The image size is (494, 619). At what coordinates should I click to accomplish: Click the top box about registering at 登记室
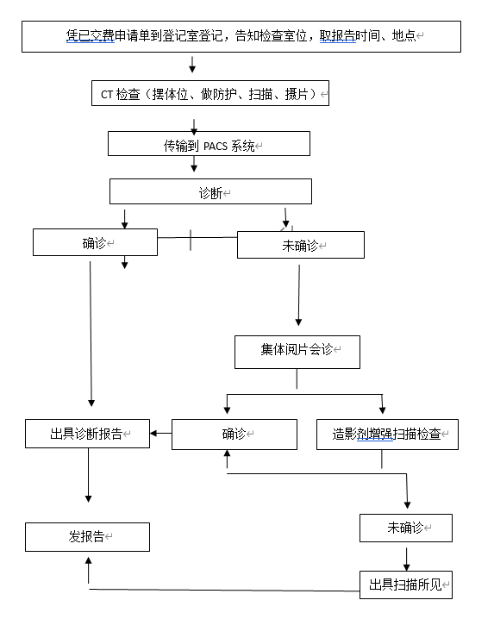(x=241, y=37)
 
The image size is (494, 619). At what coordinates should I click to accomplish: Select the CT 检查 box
(x=210, y=93)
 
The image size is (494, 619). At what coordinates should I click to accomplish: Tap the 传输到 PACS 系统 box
(x=209, y=144)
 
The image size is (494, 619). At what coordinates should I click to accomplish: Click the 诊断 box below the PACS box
(x=210, y=191)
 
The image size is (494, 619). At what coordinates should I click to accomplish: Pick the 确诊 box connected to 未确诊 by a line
(x=95, y=242)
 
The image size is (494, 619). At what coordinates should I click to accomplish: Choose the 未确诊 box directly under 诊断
(x=301, y=245)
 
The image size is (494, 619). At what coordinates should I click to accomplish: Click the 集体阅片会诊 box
(x=297, y=352)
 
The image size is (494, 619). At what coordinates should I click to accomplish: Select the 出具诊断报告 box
(x=87, y=434)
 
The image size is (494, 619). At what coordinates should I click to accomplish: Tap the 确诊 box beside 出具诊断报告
(x=234, y=435)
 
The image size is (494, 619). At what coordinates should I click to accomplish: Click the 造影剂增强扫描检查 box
(x=387, y=435)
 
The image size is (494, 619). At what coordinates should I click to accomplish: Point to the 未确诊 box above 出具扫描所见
(x=406, y=528)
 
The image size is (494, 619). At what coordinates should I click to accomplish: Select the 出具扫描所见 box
(x=406, y=585)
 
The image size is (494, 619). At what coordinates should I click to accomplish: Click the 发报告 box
(x=87, y=537)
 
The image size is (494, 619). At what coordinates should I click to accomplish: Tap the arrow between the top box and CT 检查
(x=192, y=65)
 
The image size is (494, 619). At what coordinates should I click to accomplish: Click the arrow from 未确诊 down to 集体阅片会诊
(x=299, y=296)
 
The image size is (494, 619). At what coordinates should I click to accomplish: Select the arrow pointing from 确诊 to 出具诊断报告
(x=160, y=433)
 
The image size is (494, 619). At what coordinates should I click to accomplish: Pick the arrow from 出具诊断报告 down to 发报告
(x=89, y=475)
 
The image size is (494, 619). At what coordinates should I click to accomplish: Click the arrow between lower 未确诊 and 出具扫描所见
(x=406, y=559)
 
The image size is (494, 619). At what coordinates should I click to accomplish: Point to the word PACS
(x=216, y=147)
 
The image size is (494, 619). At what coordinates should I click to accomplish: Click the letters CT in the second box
(x=107, y=95)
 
